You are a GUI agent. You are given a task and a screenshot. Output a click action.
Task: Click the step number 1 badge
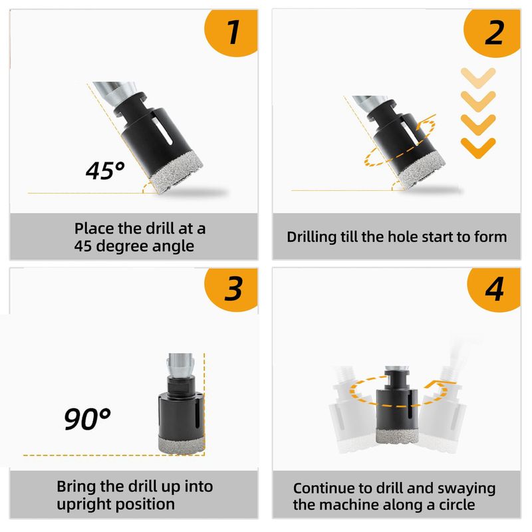232,32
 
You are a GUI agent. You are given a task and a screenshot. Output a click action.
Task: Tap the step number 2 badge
493,33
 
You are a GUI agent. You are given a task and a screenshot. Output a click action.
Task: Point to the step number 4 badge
494,289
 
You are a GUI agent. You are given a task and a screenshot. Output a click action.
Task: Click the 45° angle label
105,170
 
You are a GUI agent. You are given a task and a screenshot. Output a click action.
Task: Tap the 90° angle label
87,419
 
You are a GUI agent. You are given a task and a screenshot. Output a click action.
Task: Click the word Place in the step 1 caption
94,228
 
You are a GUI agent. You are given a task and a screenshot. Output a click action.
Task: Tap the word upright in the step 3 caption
78,505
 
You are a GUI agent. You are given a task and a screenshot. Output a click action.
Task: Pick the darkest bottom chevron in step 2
478,148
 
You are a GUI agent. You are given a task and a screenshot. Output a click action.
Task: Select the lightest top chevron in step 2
478,78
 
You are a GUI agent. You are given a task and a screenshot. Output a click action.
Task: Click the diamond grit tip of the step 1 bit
176,172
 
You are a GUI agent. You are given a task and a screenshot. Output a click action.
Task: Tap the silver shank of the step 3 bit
181,366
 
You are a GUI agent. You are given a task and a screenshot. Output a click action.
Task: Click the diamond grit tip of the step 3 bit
181,444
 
